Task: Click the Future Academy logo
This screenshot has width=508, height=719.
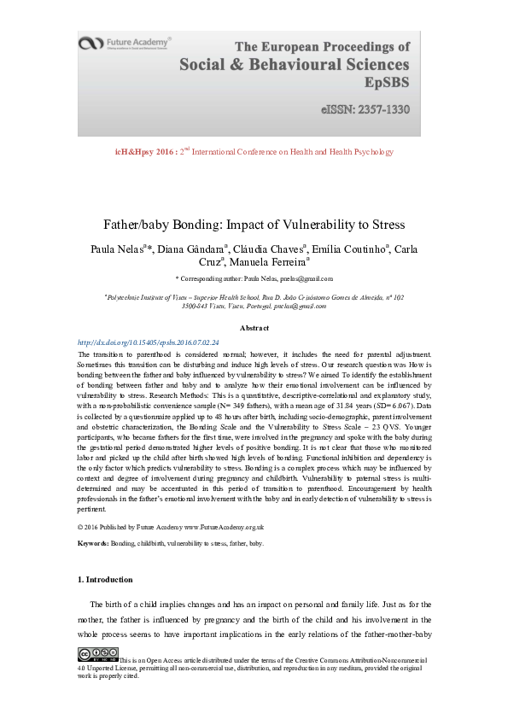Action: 125,43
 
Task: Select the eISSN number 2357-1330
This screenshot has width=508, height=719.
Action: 380,110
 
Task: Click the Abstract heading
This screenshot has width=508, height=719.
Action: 254,328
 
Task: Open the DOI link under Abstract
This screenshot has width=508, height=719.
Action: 148,342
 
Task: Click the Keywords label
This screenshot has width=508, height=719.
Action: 93,542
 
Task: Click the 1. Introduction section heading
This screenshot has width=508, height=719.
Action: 105,580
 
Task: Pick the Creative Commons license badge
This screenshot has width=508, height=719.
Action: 98,654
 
